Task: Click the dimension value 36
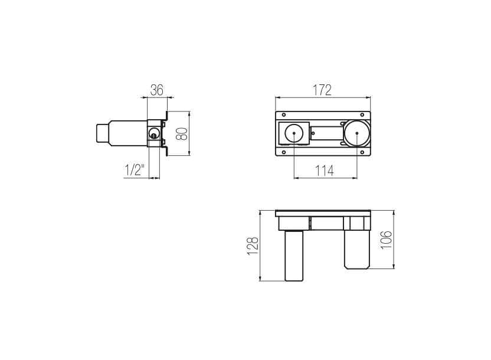pyautogui.click(x=157, y=90)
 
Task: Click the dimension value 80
pyautogui.click(x=182, y=133)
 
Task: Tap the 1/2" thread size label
pyautogui.click(x=135, y=170)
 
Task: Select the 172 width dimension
pyautogui.click(x=322, y=90)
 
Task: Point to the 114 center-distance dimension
pyautogui.click(x=325, y=171)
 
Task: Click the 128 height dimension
pyautogui.click(x=253, y=246)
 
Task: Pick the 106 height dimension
pyautogui.click(x=387, y=240)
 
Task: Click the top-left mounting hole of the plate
pyautogui.click(x=284, y=115)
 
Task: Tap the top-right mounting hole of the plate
pyautogui.click(x=362, y=115)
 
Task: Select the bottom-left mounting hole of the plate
pyautogui.click(x=284, y=152)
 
